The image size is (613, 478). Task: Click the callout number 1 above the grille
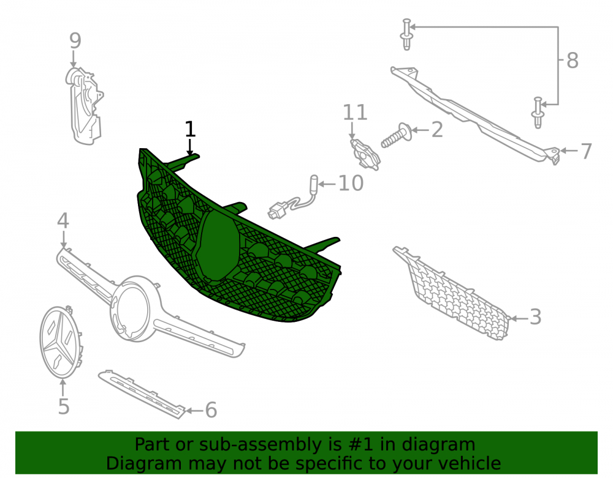[190, 129]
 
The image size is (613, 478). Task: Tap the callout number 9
[75, 40]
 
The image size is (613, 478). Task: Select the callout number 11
[355, 113]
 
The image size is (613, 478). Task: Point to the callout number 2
[437, 130]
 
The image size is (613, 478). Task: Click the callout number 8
[573, 61]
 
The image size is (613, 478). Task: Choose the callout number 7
[586, 151]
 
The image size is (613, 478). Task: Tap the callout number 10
[351, 183]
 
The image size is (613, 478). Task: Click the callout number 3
[535, 317]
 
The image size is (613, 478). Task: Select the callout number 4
[63, 221]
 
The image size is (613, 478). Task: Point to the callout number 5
[64, 406]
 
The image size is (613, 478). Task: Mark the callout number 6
[211, 410]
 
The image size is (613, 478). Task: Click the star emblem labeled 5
[61, 342]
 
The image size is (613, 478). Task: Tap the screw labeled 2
[395, 135]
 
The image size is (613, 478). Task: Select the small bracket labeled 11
[365, 154]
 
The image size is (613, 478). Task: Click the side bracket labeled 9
[83, 106]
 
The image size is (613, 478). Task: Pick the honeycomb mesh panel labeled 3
[452, 293]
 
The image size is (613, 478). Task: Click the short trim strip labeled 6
[142, 394]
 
